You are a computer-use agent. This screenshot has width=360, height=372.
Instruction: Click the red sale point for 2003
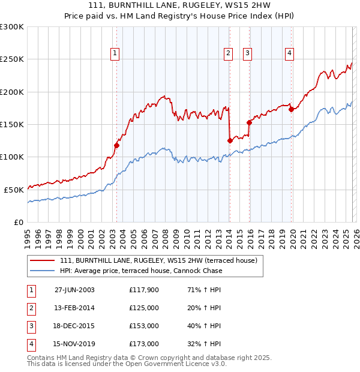[117, 145]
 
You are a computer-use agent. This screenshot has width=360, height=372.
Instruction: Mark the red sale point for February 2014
[230, 140]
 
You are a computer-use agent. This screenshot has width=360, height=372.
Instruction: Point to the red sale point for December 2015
[249, 122]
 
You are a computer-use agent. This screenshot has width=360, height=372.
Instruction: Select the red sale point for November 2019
[291, 109]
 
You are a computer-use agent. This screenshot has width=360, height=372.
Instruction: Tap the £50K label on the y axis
[14, 190]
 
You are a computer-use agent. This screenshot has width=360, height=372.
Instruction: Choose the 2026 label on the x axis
[355, 234]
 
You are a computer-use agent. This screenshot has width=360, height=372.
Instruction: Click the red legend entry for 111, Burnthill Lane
[158, 260]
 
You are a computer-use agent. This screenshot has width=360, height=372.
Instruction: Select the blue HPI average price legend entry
[141, 271]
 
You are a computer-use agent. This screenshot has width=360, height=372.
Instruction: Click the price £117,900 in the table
[144, 290]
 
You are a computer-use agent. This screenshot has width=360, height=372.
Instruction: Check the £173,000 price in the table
[144, 344]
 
